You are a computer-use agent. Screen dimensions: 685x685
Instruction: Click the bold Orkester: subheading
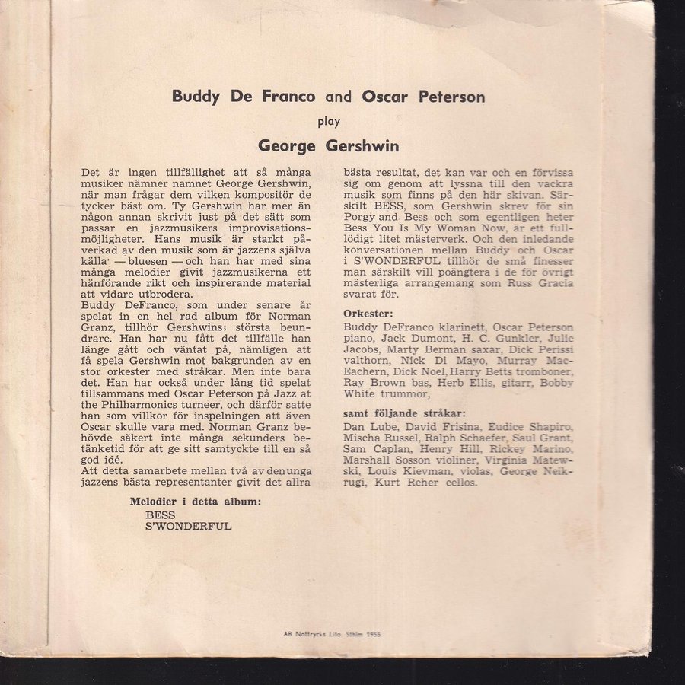(x=368, y=313)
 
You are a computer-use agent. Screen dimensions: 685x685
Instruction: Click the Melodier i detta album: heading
(x=196, y=501)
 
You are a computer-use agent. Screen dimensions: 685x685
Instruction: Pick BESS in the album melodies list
(x=160, y=515)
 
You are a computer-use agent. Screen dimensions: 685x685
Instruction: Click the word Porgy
(x=361, y=217)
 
